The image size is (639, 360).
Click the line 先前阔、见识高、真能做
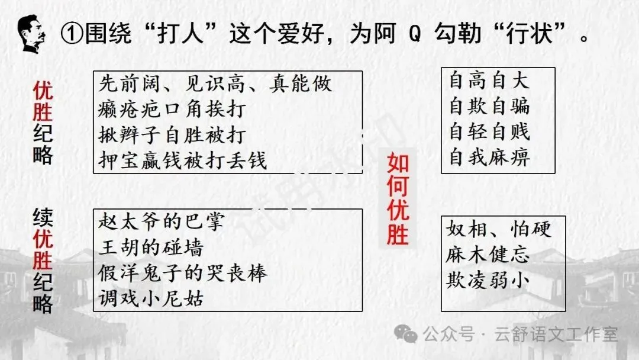(x=214, y=84)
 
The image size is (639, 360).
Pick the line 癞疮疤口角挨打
(x=172, y=110)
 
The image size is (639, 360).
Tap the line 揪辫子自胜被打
(x=172, y=135)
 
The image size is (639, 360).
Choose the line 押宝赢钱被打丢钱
(x=183, y=160)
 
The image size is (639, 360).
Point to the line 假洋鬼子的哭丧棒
(x=183, y=273)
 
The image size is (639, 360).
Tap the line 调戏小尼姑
(x=150, y=298)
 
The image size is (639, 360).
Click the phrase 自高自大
(x=489, y=81)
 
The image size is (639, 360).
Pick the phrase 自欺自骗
(x=489, y=107)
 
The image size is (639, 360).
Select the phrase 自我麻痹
(x=489, y=157)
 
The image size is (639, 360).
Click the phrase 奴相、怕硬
(x=499, y=229)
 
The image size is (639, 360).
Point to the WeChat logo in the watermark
(x=408, y=335)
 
